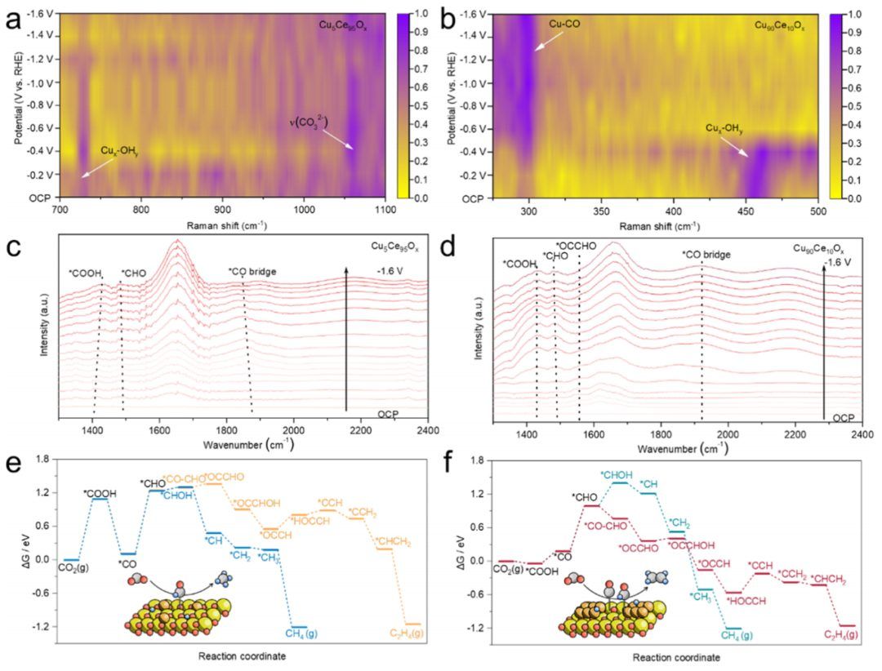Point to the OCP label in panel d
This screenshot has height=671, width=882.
click(x=844, y=418)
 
